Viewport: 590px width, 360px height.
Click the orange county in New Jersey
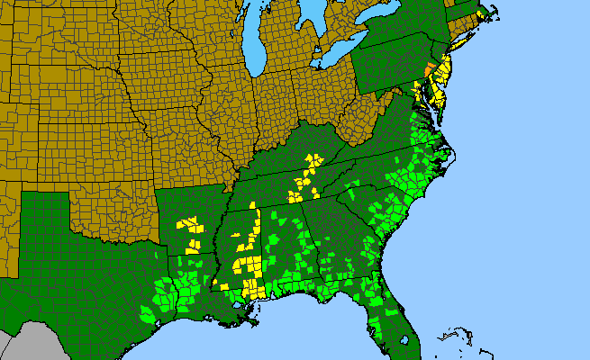click(x=428, y=70)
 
